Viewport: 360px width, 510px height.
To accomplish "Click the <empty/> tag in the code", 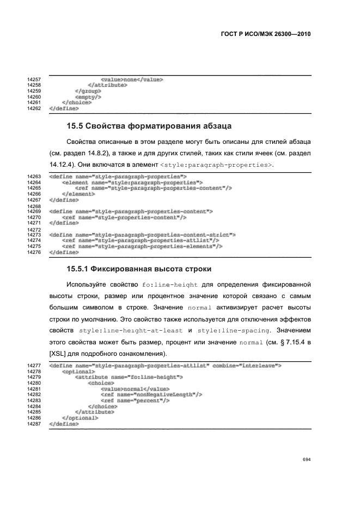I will pyautogui.click(x=88, y=97).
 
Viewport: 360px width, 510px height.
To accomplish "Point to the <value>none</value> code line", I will pyautogui.click(x=132, y=80).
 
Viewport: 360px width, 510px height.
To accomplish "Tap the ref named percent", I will pyautogui.click(x=136, y=399).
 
